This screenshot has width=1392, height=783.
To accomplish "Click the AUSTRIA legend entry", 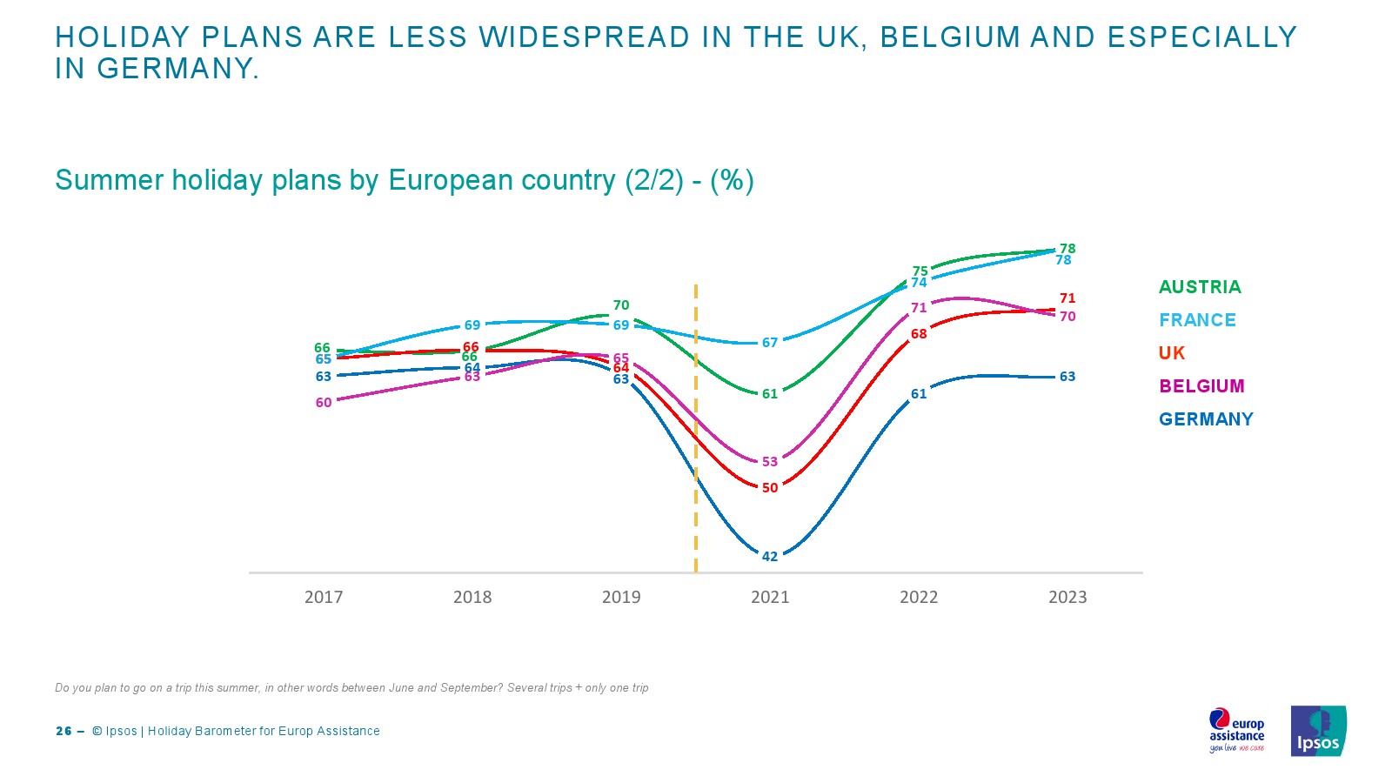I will pos(1200,287).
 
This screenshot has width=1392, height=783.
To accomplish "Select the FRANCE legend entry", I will pos(1197,320).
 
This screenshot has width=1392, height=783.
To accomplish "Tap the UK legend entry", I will pos(1172,353).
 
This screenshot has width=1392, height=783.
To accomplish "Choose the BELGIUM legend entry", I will pos(1201,386).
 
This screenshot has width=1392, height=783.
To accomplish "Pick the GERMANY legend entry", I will pos(1206,419).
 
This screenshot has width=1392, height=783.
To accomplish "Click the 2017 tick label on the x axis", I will pos(324,597).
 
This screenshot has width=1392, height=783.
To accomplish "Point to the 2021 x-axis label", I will pos(770,597).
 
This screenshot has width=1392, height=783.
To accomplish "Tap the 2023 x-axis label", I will pos(1067,597).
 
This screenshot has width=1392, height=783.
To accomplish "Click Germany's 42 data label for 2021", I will pos(770,557).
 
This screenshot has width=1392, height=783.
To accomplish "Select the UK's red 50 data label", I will pos(770,488).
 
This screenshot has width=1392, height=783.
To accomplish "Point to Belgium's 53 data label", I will pos(770,462).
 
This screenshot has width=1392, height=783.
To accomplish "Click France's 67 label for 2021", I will pos(770,343).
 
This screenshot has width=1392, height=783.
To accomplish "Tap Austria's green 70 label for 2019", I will pos(621,305).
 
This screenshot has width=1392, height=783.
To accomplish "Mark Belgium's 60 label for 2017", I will pos(324,403).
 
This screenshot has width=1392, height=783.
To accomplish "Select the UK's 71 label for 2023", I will pos(1067,298).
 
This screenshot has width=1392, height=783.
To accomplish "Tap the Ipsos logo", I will pos(1318,731).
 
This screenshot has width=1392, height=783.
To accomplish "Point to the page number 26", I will pos(64,732).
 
